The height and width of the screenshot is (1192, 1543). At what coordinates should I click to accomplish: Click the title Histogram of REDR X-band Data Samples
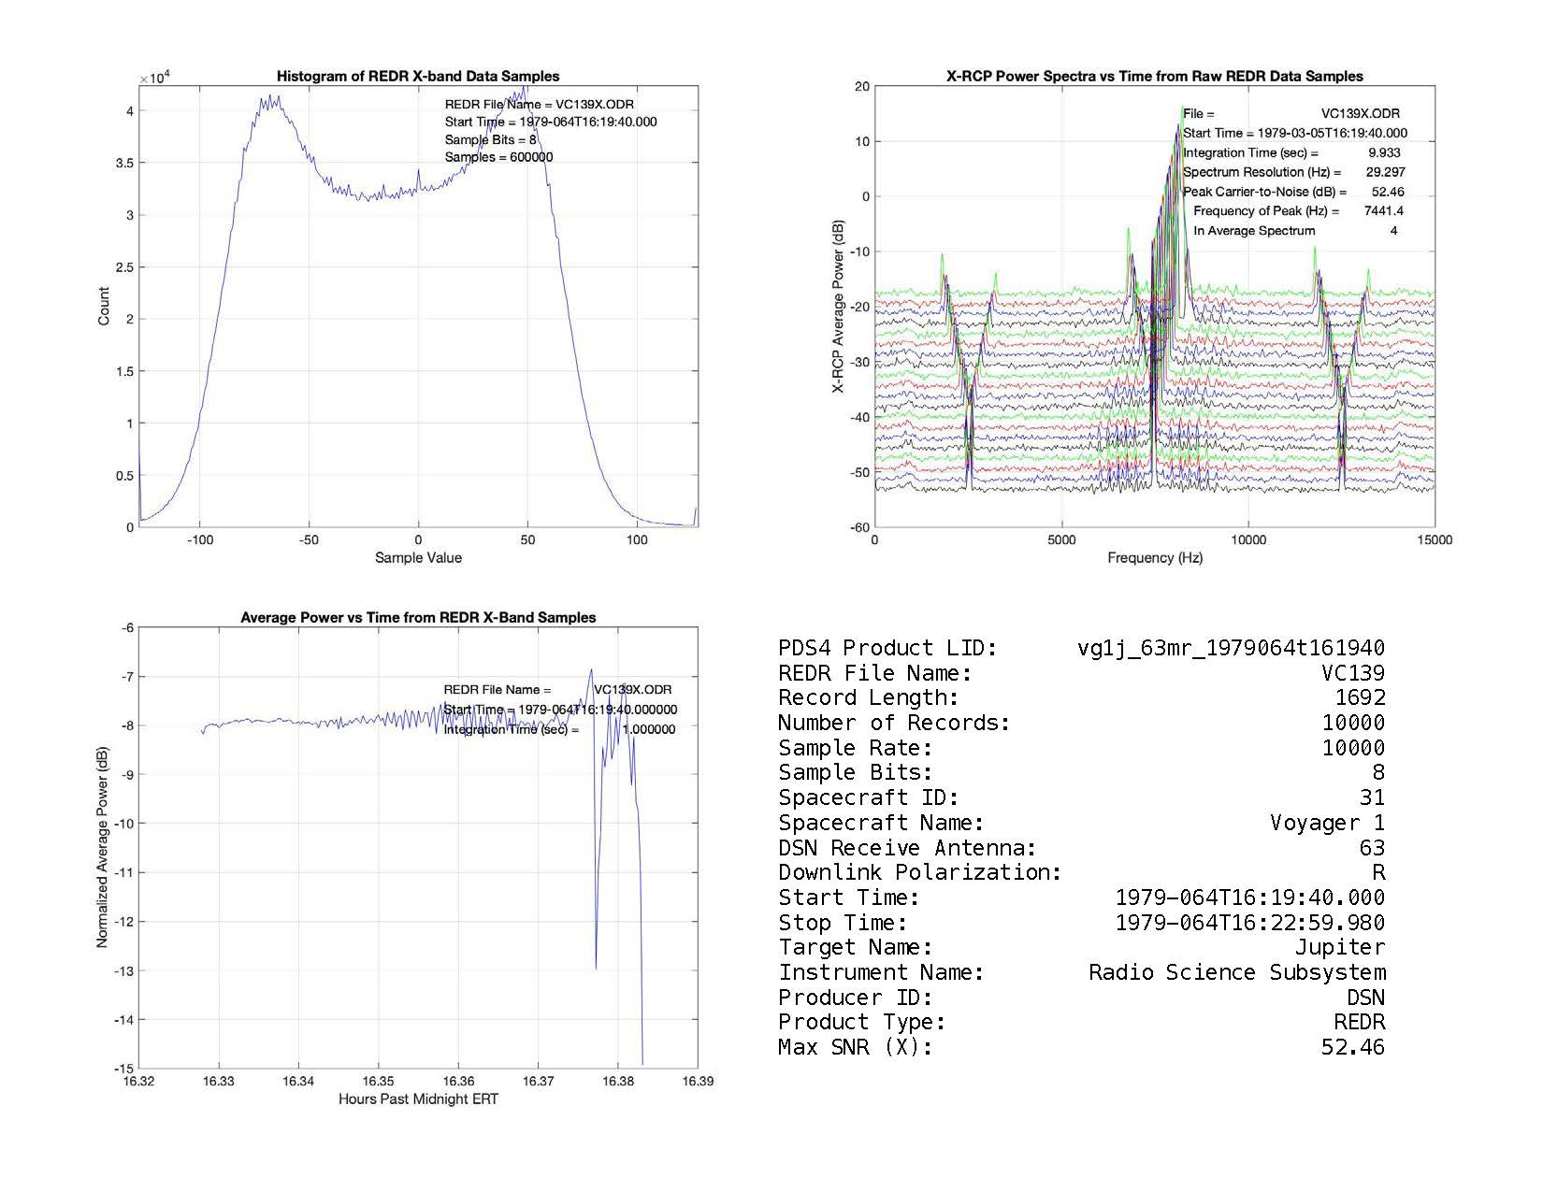click(418, 76)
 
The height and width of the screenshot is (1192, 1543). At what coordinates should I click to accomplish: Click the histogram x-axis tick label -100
click(199, 539)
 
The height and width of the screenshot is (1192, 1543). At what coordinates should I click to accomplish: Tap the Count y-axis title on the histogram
click(104, 306)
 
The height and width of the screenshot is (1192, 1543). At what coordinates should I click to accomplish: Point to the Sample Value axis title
click(418, 558)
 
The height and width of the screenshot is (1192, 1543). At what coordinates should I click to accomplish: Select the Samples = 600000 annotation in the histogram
click(498, 157)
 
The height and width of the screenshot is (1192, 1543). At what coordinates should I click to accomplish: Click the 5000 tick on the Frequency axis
click(1061, 539)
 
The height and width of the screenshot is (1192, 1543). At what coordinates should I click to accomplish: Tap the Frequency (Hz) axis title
click(1155, 558)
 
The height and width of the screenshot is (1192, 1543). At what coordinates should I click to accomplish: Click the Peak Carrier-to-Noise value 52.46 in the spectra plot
click(1388, 192)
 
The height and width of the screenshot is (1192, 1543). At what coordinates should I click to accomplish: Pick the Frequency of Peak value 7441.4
click(1383, 211)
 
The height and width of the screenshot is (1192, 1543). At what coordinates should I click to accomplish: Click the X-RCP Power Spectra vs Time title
click(1155, 76)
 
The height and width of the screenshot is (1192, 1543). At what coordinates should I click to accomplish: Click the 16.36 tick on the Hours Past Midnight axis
click(458, 1082)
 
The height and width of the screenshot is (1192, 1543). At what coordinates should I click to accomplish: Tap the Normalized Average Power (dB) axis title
click(102, 847)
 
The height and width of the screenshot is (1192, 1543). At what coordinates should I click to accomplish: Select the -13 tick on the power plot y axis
click(123, 970)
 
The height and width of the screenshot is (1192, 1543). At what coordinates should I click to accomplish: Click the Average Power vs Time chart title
click(418, 617)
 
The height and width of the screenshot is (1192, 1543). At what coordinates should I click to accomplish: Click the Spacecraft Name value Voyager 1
click(1327, 823)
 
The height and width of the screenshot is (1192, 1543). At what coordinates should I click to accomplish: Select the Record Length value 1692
click(1360, 697)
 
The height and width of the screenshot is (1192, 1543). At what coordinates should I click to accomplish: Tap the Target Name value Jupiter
click(1339, 947)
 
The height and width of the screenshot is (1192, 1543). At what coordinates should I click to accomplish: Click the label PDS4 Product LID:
click(887, 648)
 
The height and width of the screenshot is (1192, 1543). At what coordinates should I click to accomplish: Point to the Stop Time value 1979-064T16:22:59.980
click(1249, 923)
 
